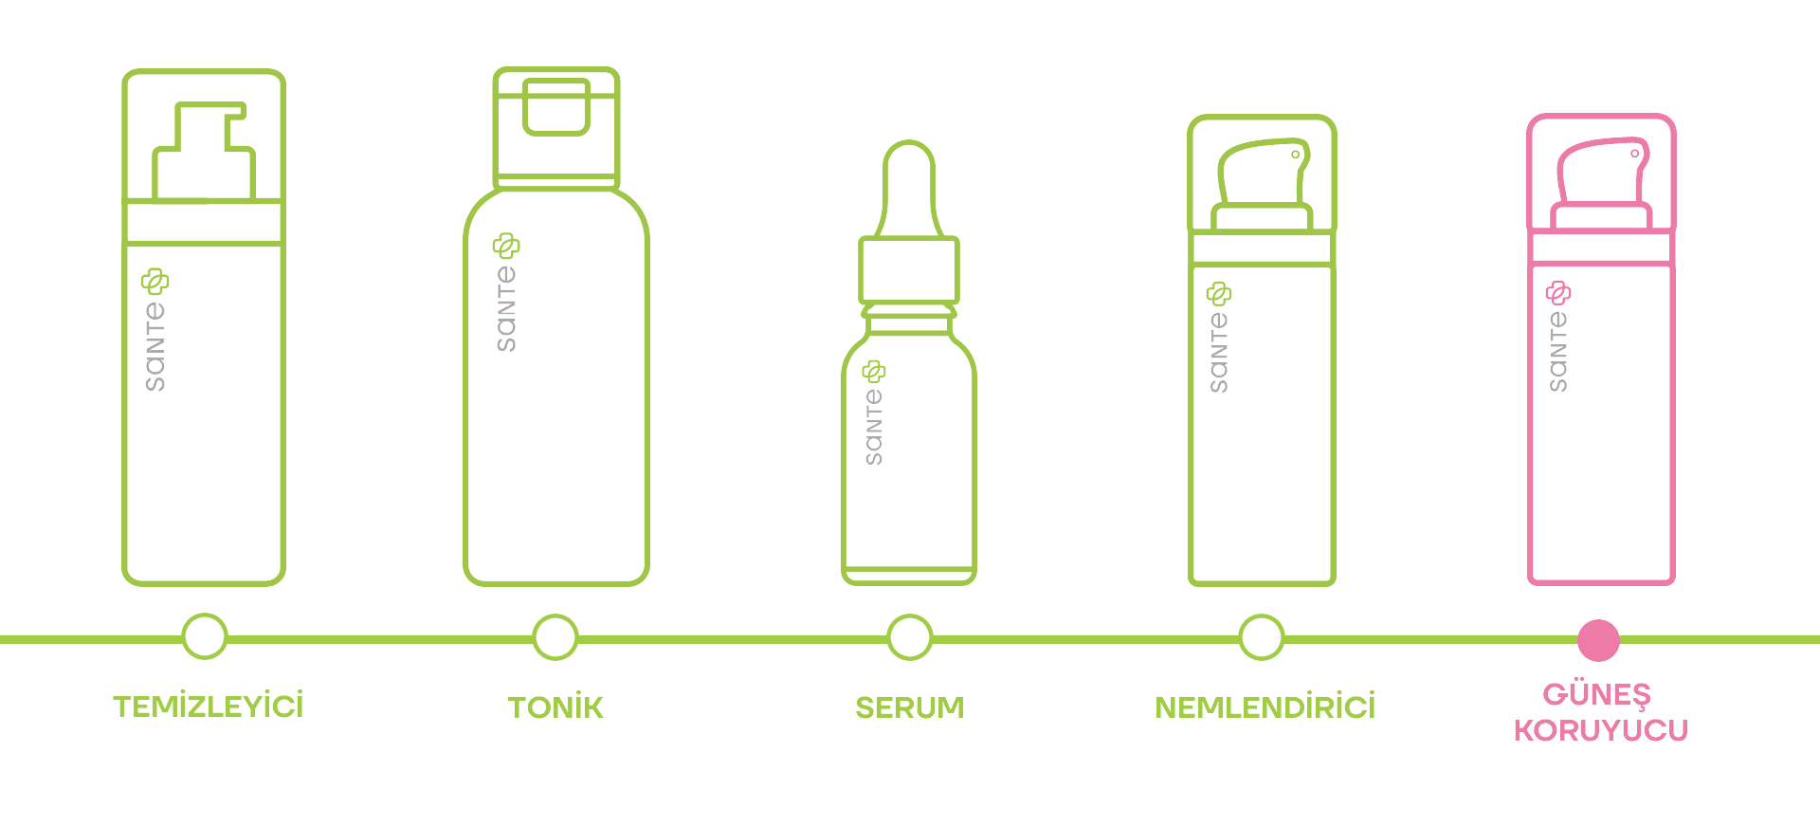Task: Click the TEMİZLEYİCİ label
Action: [209, 707]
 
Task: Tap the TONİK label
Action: [555, 707]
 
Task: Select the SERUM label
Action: [910, 707]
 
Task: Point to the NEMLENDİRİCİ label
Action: [1265, 707]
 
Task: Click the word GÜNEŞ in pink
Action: [1597, 694]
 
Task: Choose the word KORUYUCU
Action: [1601, 730]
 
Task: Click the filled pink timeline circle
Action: [1598, 640]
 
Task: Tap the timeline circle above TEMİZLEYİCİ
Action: [205, 636]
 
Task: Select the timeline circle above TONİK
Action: [555, 636]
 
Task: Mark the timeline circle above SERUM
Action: [910, 636]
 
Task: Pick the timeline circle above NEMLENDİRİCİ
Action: [1262, 636]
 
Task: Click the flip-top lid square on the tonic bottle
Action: [556, 106]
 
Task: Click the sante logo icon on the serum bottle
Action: [874, 371]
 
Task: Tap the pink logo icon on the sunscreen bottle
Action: [1558, 292]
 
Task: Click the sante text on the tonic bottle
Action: [506, 308]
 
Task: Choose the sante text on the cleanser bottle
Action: [155, 346]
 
